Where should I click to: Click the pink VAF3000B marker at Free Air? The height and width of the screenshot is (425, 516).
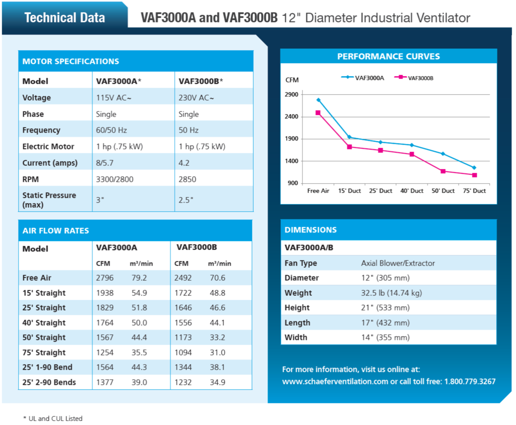(318, 113)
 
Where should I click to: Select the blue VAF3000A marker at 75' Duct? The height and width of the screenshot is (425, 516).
(474, 168)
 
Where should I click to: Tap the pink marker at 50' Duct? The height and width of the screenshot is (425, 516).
(443, 171)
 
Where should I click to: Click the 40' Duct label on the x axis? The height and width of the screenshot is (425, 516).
(412, 191)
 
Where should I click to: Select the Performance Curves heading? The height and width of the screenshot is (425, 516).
(389, 57)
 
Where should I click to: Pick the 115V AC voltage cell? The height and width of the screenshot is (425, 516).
(114, 98)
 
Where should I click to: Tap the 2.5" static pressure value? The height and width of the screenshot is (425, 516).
(186, 200)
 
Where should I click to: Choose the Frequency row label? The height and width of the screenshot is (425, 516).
(41, 130)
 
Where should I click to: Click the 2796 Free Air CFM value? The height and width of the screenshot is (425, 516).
(105, 278)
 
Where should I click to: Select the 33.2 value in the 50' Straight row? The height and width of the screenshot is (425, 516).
(217, 337)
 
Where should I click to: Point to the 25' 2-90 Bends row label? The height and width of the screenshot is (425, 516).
(49, 382)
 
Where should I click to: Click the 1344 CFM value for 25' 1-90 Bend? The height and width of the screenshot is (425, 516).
(183, 367)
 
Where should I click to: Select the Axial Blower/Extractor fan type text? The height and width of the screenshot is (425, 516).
(398, 263)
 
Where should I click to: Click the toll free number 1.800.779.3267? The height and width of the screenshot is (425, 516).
(470, 382)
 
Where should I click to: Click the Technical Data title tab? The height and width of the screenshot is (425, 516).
(65, 18)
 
